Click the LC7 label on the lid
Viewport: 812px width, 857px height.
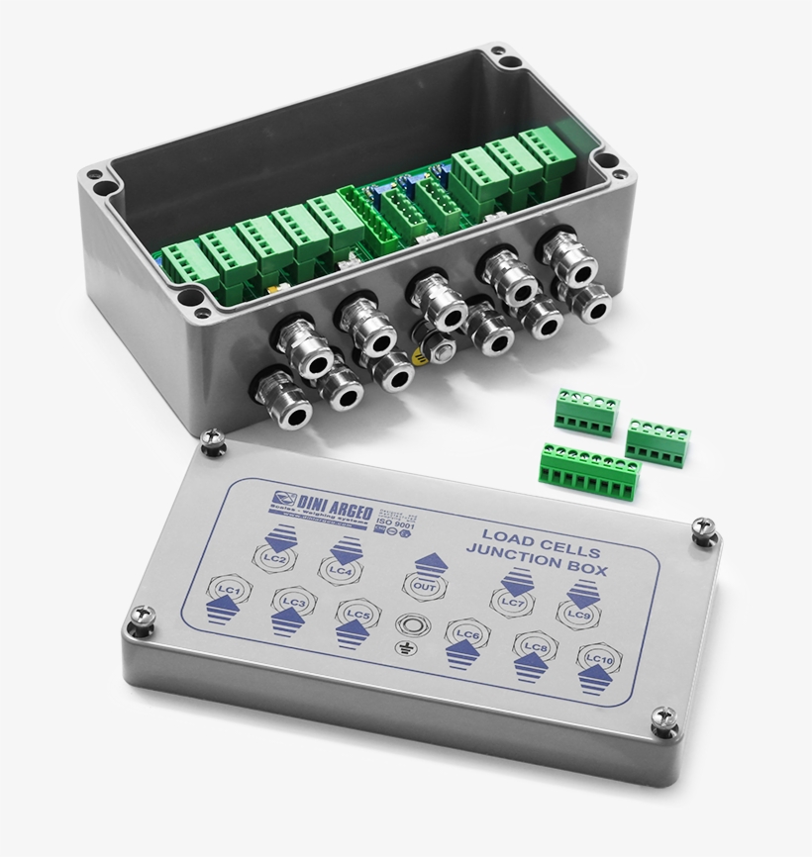(x=511, y=601)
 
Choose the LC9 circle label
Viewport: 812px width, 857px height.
(x=579, y=614)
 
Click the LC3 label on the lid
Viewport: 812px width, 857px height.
(x=292, y=603)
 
